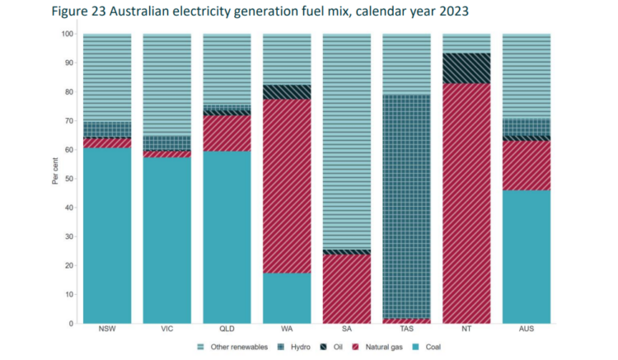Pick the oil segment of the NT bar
click(466, 68)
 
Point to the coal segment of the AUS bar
click(527, 256)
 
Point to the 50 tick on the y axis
click(68, 179)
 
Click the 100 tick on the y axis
click(66, 34)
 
